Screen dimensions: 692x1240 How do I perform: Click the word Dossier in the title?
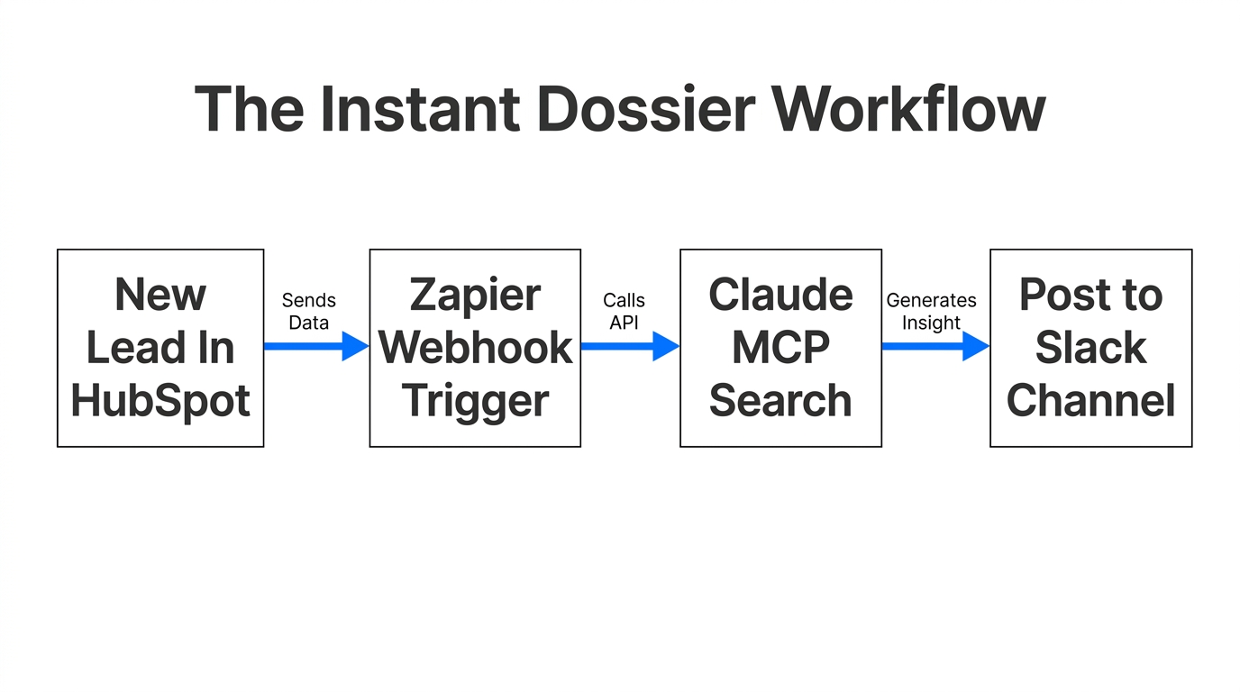click(x=644, y=109)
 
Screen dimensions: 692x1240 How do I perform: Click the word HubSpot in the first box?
click(x=160, y=401)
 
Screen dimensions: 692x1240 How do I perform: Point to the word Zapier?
click(x=475, y=296)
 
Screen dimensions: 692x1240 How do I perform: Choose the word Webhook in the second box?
click(x=475, y=348)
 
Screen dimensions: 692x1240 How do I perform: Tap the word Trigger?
click(x=475, y=401)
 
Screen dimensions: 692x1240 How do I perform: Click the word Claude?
click(x=780, y=295)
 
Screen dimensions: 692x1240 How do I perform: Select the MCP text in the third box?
click(x=780, y=348)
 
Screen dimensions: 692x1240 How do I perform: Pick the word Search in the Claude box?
click(x=780, y=400)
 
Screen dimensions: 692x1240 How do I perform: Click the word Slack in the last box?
click(x=1090, y=348)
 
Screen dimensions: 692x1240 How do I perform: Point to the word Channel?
click(x=1090, y=400)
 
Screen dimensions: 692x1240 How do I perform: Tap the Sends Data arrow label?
click(x=308, y=311)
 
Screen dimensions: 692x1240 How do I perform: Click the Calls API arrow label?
click(x=624, y=311)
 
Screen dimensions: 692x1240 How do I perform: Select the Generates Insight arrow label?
click(x=931, y=311)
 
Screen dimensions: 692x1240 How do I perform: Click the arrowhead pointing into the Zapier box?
click(x=355, y=346)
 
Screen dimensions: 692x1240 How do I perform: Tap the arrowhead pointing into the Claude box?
click(x=665, y=346)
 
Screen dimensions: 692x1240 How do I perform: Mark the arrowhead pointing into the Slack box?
click(x=975, y=346)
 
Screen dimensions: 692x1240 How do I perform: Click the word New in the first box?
click(x=160, y=296)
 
